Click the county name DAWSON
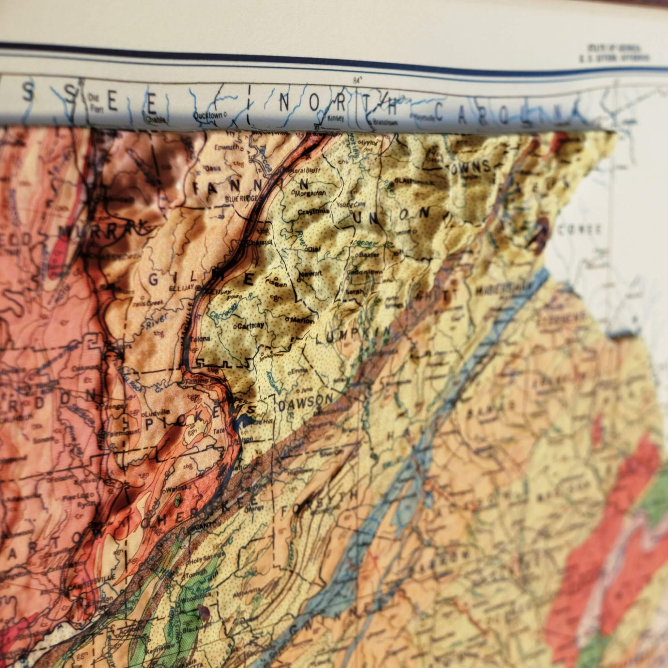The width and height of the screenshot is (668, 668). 305,402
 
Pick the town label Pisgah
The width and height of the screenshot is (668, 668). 280,284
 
